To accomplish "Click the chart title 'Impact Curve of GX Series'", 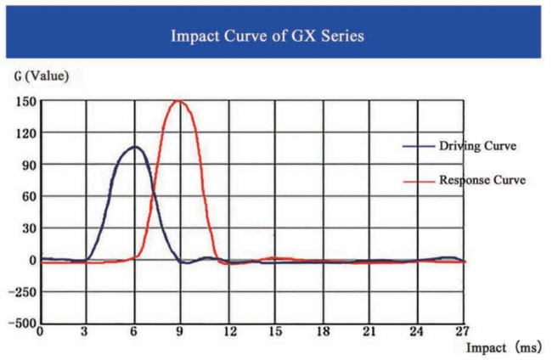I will [x=276, y=37].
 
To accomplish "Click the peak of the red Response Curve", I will [x=177, y=101].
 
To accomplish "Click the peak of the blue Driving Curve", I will [x=133, y=147].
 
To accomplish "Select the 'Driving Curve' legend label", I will [x=477, y=146].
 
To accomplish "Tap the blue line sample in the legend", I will [x=419, y=146].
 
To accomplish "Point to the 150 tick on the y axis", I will [x=23, y=101].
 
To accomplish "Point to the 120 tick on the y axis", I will [x=23, y=132].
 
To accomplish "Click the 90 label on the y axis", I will [x=25, y=165].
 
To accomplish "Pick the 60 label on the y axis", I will [x=25, y=196].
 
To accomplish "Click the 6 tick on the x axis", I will [x=134, y=332].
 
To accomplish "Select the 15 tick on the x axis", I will [x=274, y=332].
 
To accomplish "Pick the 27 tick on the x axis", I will [x=461, y=332].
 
